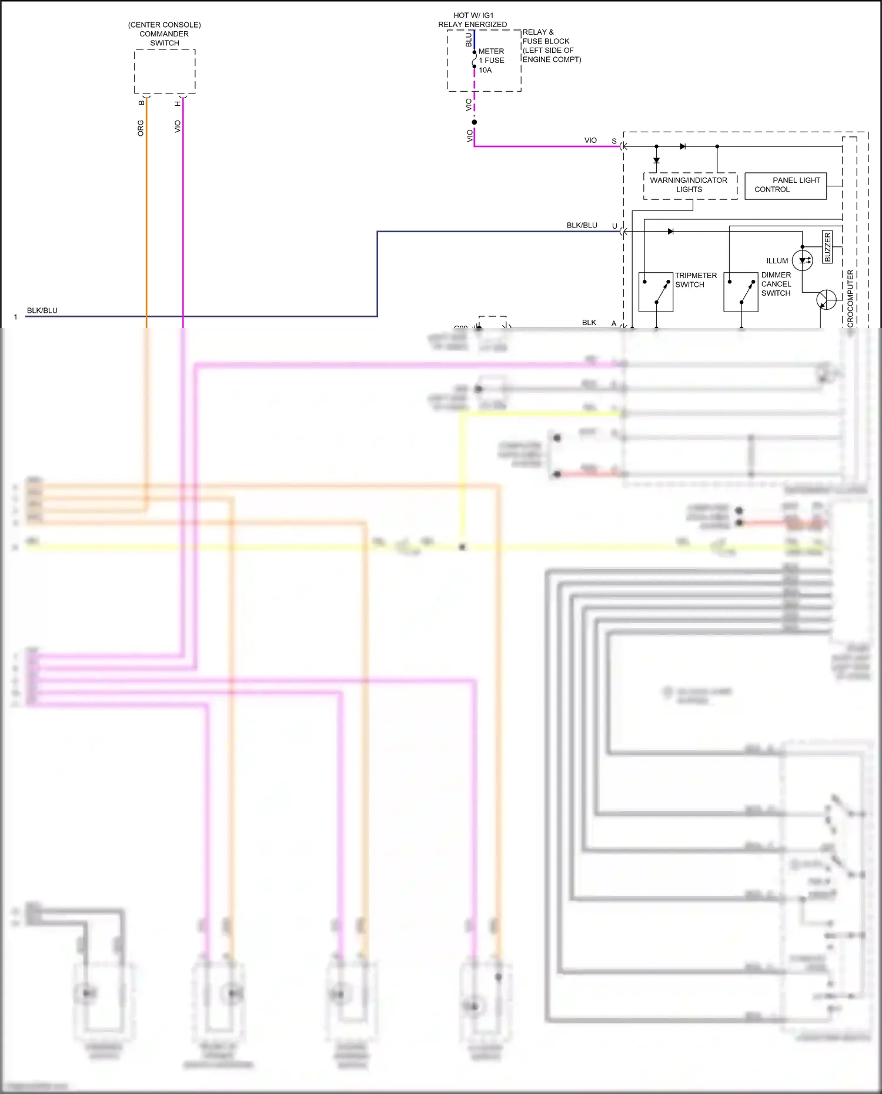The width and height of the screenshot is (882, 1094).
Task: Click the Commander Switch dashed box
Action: point(165,71)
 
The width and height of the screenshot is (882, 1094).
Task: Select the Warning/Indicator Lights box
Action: point(690,185)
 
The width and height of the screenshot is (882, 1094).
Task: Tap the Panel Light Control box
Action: point(786,185)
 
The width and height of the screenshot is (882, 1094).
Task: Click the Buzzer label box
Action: point(827,247)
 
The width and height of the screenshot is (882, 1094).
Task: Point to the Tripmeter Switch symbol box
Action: point(656,292)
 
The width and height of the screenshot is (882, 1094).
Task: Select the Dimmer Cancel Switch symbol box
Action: point(740,292)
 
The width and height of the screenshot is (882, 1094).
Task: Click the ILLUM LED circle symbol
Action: point(803,260)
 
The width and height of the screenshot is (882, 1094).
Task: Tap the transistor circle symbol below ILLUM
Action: point(826,299)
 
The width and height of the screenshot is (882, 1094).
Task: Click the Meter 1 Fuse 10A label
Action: point(491,61)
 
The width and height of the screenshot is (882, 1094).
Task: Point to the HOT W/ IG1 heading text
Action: point(473,15)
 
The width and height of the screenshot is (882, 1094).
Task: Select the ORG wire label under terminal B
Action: point(141,128)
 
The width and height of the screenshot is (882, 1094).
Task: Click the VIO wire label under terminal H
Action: point(178,126)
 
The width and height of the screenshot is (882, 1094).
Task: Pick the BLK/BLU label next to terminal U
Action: point(582,225)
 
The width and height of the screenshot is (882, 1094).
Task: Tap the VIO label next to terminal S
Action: point(590,140)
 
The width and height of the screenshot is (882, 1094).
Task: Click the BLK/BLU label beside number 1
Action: point(42,310)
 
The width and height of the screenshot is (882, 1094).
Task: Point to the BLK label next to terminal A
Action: point(589,323)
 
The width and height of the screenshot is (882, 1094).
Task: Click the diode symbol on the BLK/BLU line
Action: point(670,232)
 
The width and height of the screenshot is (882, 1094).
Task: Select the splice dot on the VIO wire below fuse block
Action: point(475,122)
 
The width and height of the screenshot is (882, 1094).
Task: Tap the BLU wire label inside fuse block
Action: point(469,40)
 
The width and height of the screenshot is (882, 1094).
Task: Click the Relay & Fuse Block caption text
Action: point(551,46)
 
